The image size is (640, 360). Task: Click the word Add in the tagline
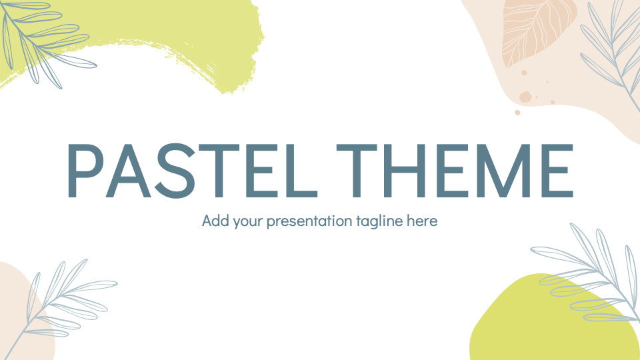(215, 221)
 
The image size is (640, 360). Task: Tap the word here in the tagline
(423, 221)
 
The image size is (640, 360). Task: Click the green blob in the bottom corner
(527, 327)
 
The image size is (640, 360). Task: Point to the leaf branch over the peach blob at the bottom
(60, 300)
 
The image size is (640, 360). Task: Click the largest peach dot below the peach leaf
(525, 97)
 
